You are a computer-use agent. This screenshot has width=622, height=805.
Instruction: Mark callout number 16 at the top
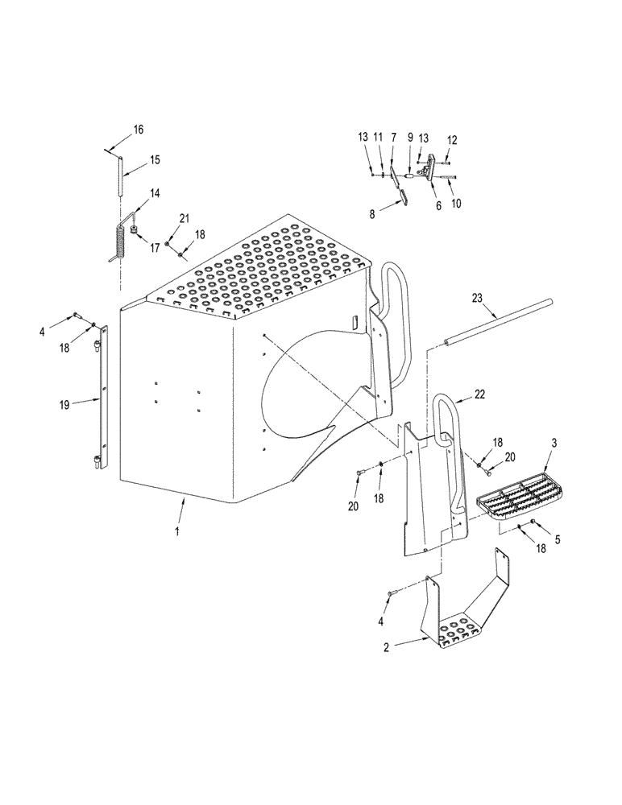click(x=138, y=130)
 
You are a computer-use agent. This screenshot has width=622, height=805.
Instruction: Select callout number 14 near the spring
click(x=154, y=194)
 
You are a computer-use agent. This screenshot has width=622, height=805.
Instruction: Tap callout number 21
click(x=185, y=219)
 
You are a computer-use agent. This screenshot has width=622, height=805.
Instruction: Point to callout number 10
click(x=457, y=204)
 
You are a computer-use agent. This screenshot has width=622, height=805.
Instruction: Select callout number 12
click(x=452, y=140)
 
